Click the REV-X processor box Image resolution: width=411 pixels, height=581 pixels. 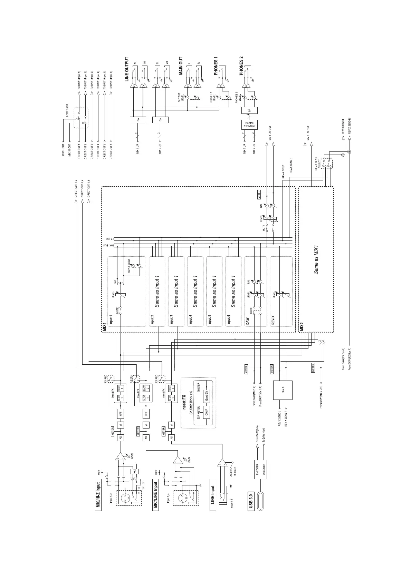283,390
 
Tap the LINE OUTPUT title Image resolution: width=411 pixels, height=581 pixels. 127,69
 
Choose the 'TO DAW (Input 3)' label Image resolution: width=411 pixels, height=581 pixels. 92,80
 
